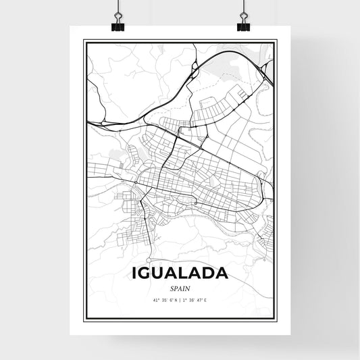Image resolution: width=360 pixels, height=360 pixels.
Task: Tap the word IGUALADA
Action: [180, 275]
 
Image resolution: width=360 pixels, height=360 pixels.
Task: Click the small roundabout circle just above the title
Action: [149, 260]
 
